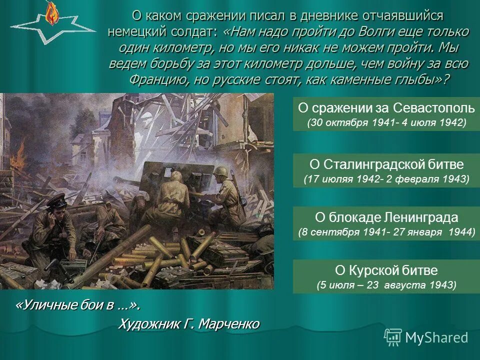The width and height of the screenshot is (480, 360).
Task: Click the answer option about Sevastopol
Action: coord(386,114)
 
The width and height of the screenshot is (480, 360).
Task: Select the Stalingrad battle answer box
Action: coord(386,170)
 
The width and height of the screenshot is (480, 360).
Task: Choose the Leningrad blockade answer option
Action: coord(386,223)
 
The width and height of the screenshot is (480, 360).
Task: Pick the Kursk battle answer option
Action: coord(386,276)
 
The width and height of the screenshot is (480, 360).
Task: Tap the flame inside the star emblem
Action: coord(50,14)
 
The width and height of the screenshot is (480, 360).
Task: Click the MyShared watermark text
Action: coord(436,337)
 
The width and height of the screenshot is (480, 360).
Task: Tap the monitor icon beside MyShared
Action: coord(393,336)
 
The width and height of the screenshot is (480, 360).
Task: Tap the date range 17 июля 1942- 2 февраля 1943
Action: coord(386,179)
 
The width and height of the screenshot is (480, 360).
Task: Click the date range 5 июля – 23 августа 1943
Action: coord(386,285)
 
